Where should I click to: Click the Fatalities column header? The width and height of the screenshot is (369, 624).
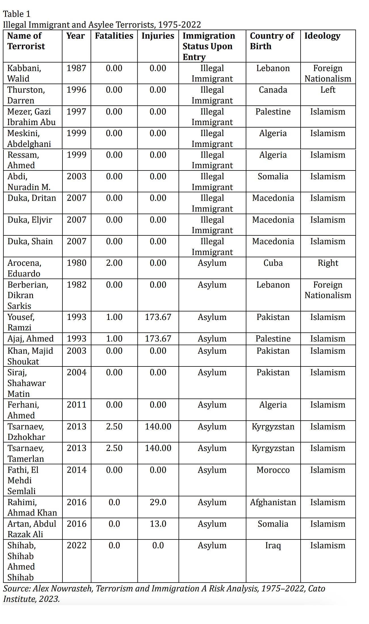click(114, 36)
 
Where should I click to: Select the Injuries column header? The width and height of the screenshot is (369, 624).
click(158, 36)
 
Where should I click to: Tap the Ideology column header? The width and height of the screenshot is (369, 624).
click(322, 36)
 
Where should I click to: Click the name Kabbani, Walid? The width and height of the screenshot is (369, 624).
click(24, 73)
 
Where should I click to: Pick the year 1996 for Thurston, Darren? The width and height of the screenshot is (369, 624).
click(76, 90)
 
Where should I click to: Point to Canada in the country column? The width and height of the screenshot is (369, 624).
click(273, 90)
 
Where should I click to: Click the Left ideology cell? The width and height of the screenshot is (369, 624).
click(328, 90)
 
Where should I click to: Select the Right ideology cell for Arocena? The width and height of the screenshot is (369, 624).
click(328, 263)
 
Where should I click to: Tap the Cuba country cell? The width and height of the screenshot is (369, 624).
click(273, 263)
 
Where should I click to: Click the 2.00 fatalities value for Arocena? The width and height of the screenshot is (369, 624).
click(114, 263)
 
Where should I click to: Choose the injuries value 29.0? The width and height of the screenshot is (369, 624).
click(158, 502)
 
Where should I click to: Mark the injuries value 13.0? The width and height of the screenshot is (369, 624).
click(158, 524)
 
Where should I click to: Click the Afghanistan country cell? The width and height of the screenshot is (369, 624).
click(273, 502)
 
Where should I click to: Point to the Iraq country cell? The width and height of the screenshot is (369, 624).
click(273, 545)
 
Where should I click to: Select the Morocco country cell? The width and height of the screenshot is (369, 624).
click(273, 470)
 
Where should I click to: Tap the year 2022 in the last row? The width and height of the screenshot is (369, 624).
click(76, 545)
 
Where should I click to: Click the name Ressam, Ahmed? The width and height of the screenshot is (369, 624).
click(23, 160)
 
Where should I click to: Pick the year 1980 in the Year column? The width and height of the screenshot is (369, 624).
click(76, 263)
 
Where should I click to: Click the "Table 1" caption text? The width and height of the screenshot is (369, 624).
click(16, 14)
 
